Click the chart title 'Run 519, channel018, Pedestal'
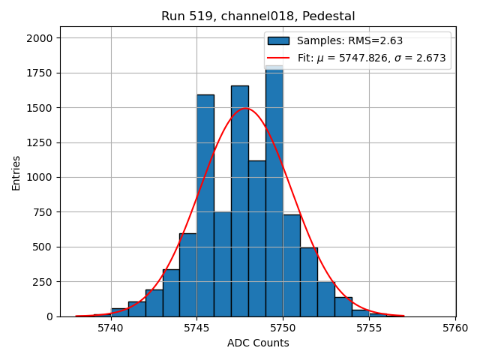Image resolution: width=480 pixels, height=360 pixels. coord(258,16)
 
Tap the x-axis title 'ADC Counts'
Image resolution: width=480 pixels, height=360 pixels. coord(258,343)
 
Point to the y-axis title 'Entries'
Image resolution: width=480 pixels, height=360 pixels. coord(16,172)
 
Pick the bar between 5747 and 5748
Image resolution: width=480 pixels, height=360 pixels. coord(239,202)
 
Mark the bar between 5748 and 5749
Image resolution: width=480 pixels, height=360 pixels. coord(256,240)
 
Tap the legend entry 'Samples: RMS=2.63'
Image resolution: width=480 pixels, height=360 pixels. coord(349,40)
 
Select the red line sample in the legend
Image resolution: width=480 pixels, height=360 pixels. coord(278,58)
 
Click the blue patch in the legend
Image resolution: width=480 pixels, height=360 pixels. coord(278,40)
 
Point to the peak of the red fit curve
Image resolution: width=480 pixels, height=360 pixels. coord(245,109)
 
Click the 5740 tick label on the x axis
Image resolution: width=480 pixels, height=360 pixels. coord(111,328)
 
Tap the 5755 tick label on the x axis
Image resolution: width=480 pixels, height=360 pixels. coord(369,328)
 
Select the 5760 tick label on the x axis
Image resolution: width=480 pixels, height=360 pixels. coord(455,328)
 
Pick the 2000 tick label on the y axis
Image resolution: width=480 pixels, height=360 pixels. coord(40,38)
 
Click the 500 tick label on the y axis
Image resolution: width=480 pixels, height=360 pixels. coord(43,247)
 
